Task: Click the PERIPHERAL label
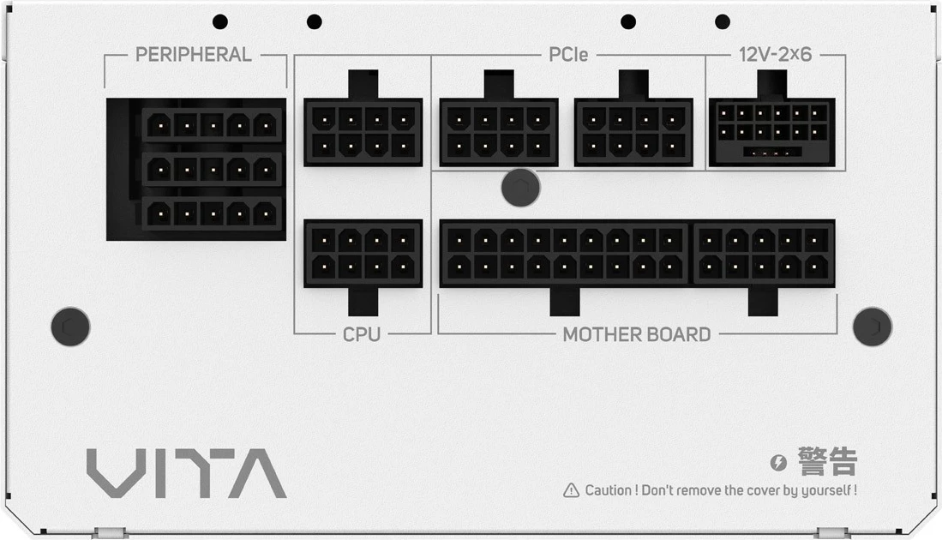pos(194,55)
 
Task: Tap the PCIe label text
pos(568,55)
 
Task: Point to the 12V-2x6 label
pos(775,55)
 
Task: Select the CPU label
pos(362,333)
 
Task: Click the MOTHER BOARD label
pos(637,333)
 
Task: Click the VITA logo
pos(186,473)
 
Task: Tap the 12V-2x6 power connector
pos(771,132)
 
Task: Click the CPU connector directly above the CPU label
pos(363,254)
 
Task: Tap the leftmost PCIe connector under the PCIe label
pos(499,132)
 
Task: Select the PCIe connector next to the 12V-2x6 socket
pos(633,132)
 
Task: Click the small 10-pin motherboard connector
pos(764,254)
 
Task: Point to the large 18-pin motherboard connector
pos(564,254)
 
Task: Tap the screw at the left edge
pos(70,327)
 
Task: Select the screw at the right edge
pos(873,327)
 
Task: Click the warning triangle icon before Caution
pos(571,490)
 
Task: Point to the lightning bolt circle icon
pos(778,463)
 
